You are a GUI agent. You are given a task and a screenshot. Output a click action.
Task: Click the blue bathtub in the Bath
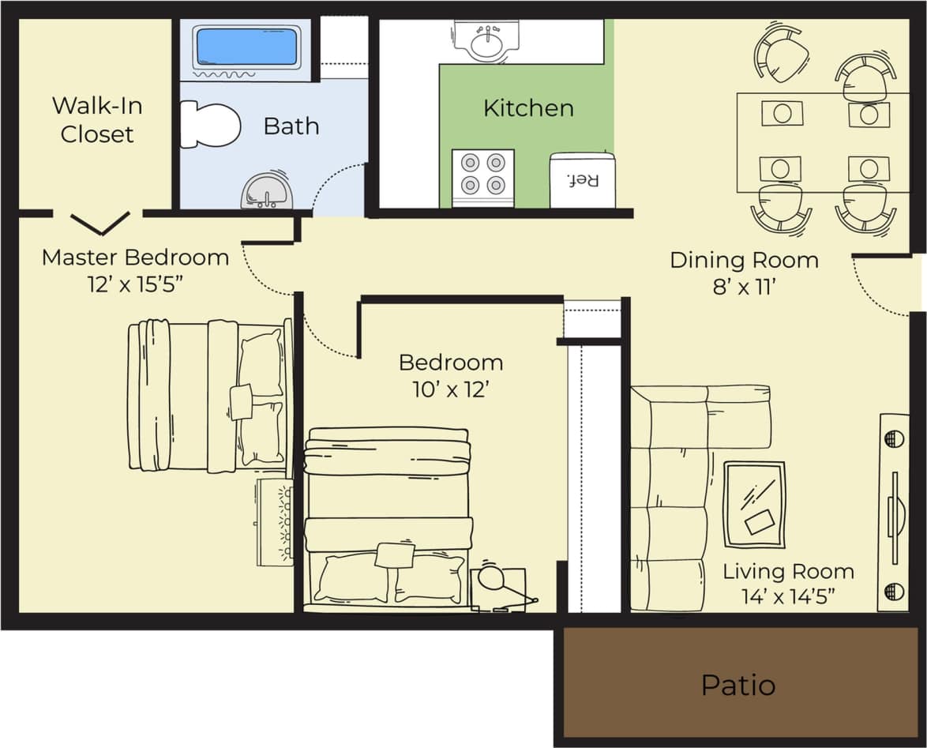coord(246,47)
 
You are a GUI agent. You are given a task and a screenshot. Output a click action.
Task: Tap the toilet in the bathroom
coord(208,125)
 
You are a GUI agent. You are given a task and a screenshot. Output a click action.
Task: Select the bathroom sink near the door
coord(267,190)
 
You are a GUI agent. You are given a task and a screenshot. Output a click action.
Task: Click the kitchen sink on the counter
coord(486,39)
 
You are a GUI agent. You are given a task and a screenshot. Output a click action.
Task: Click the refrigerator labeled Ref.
coord(582,179)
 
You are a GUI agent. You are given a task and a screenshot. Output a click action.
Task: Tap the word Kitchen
coord(527,107)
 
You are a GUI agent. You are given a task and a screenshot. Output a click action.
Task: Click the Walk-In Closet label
coord(96,120)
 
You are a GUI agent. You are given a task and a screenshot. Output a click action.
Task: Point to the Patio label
coord(737,685)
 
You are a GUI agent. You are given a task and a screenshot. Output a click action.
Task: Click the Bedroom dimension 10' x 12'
coord(450,389)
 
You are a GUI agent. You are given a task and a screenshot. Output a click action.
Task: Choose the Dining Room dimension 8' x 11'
coord(743,287)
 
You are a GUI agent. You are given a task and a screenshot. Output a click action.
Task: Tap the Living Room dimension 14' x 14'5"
coord(787,596)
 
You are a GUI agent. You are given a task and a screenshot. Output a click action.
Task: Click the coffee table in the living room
coord(754,504)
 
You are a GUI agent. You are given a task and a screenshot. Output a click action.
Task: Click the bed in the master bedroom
coord(209,395)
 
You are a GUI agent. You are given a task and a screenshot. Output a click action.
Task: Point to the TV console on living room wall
coord(893,512)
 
